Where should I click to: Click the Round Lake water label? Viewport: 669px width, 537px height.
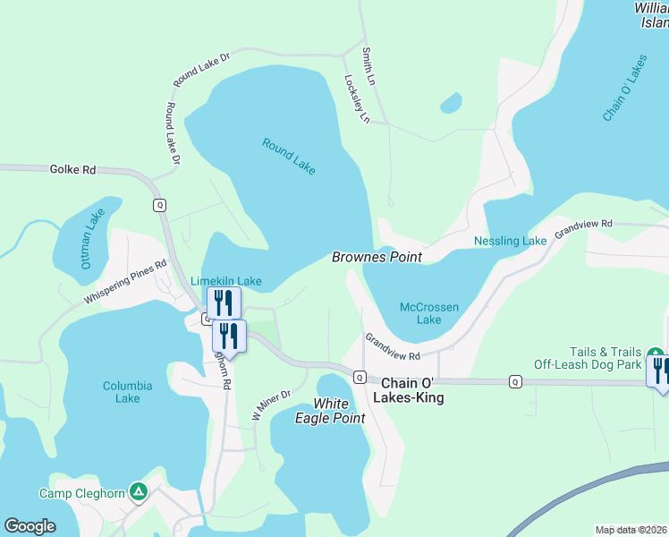(289, 156)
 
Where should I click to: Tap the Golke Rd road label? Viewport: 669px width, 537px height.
(73, 168)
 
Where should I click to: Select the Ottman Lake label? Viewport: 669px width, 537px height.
(92, 238)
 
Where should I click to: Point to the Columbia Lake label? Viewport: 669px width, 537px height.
(127, 392)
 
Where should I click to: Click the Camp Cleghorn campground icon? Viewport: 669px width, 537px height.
(138, 491)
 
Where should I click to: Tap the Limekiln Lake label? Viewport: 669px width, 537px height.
(225, 281)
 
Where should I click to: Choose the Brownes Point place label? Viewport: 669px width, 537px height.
(377, 257)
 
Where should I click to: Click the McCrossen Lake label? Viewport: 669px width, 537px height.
(429, 313)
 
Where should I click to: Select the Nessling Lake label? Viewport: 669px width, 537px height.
(510, 242)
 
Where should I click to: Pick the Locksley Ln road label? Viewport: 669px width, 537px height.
(357, 98)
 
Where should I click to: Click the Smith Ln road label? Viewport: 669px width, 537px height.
(368, 67)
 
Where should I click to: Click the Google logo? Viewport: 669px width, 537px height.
(30, 526)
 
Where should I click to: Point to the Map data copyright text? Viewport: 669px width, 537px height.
(631, 530)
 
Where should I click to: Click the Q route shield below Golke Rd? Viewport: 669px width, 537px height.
(160, 205)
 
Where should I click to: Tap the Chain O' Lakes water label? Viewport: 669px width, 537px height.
(624, 89)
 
